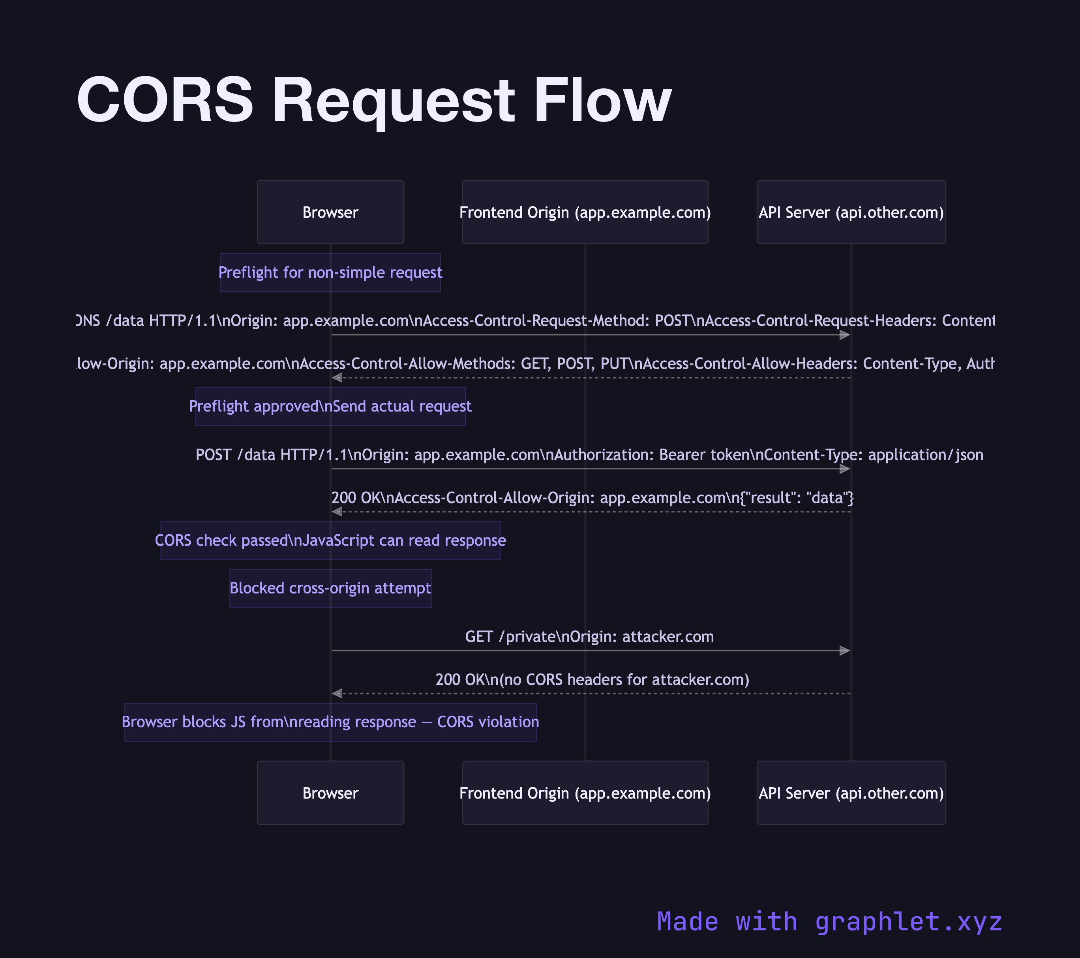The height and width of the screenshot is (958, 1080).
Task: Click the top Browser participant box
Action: [x=330, y=212]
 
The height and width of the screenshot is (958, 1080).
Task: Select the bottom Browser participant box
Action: [x=330, y=793]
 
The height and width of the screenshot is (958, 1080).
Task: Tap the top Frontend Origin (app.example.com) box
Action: [x=585, y=212]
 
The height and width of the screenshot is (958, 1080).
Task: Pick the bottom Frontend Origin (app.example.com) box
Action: [x=585, y=793]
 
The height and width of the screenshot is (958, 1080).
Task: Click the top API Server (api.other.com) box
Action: [x=851, y=212]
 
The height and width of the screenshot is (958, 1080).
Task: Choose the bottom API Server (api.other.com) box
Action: [x=851, y=793]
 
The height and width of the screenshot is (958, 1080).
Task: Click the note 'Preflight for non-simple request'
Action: [x=330, y=273]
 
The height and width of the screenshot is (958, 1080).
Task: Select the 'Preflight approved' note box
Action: [x=330, y=406]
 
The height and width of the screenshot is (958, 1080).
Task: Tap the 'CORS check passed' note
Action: [x=330, y=540]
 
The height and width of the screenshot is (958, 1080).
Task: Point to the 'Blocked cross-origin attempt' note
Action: [x=330, y=588]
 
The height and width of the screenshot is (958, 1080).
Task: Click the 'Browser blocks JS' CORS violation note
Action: [x=330, y=722]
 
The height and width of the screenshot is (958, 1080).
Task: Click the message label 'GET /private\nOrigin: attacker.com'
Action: [x=589, y=637]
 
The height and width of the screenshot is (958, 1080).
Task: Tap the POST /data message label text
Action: [x=589, y=455]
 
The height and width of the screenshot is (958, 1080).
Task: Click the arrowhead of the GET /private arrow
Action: [x=845, y=651]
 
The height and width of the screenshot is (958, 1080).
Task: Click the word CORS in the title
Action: [x=165, y=100]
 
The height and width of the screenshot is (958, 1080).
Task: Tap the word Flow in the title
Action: [x=602, y=100]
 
